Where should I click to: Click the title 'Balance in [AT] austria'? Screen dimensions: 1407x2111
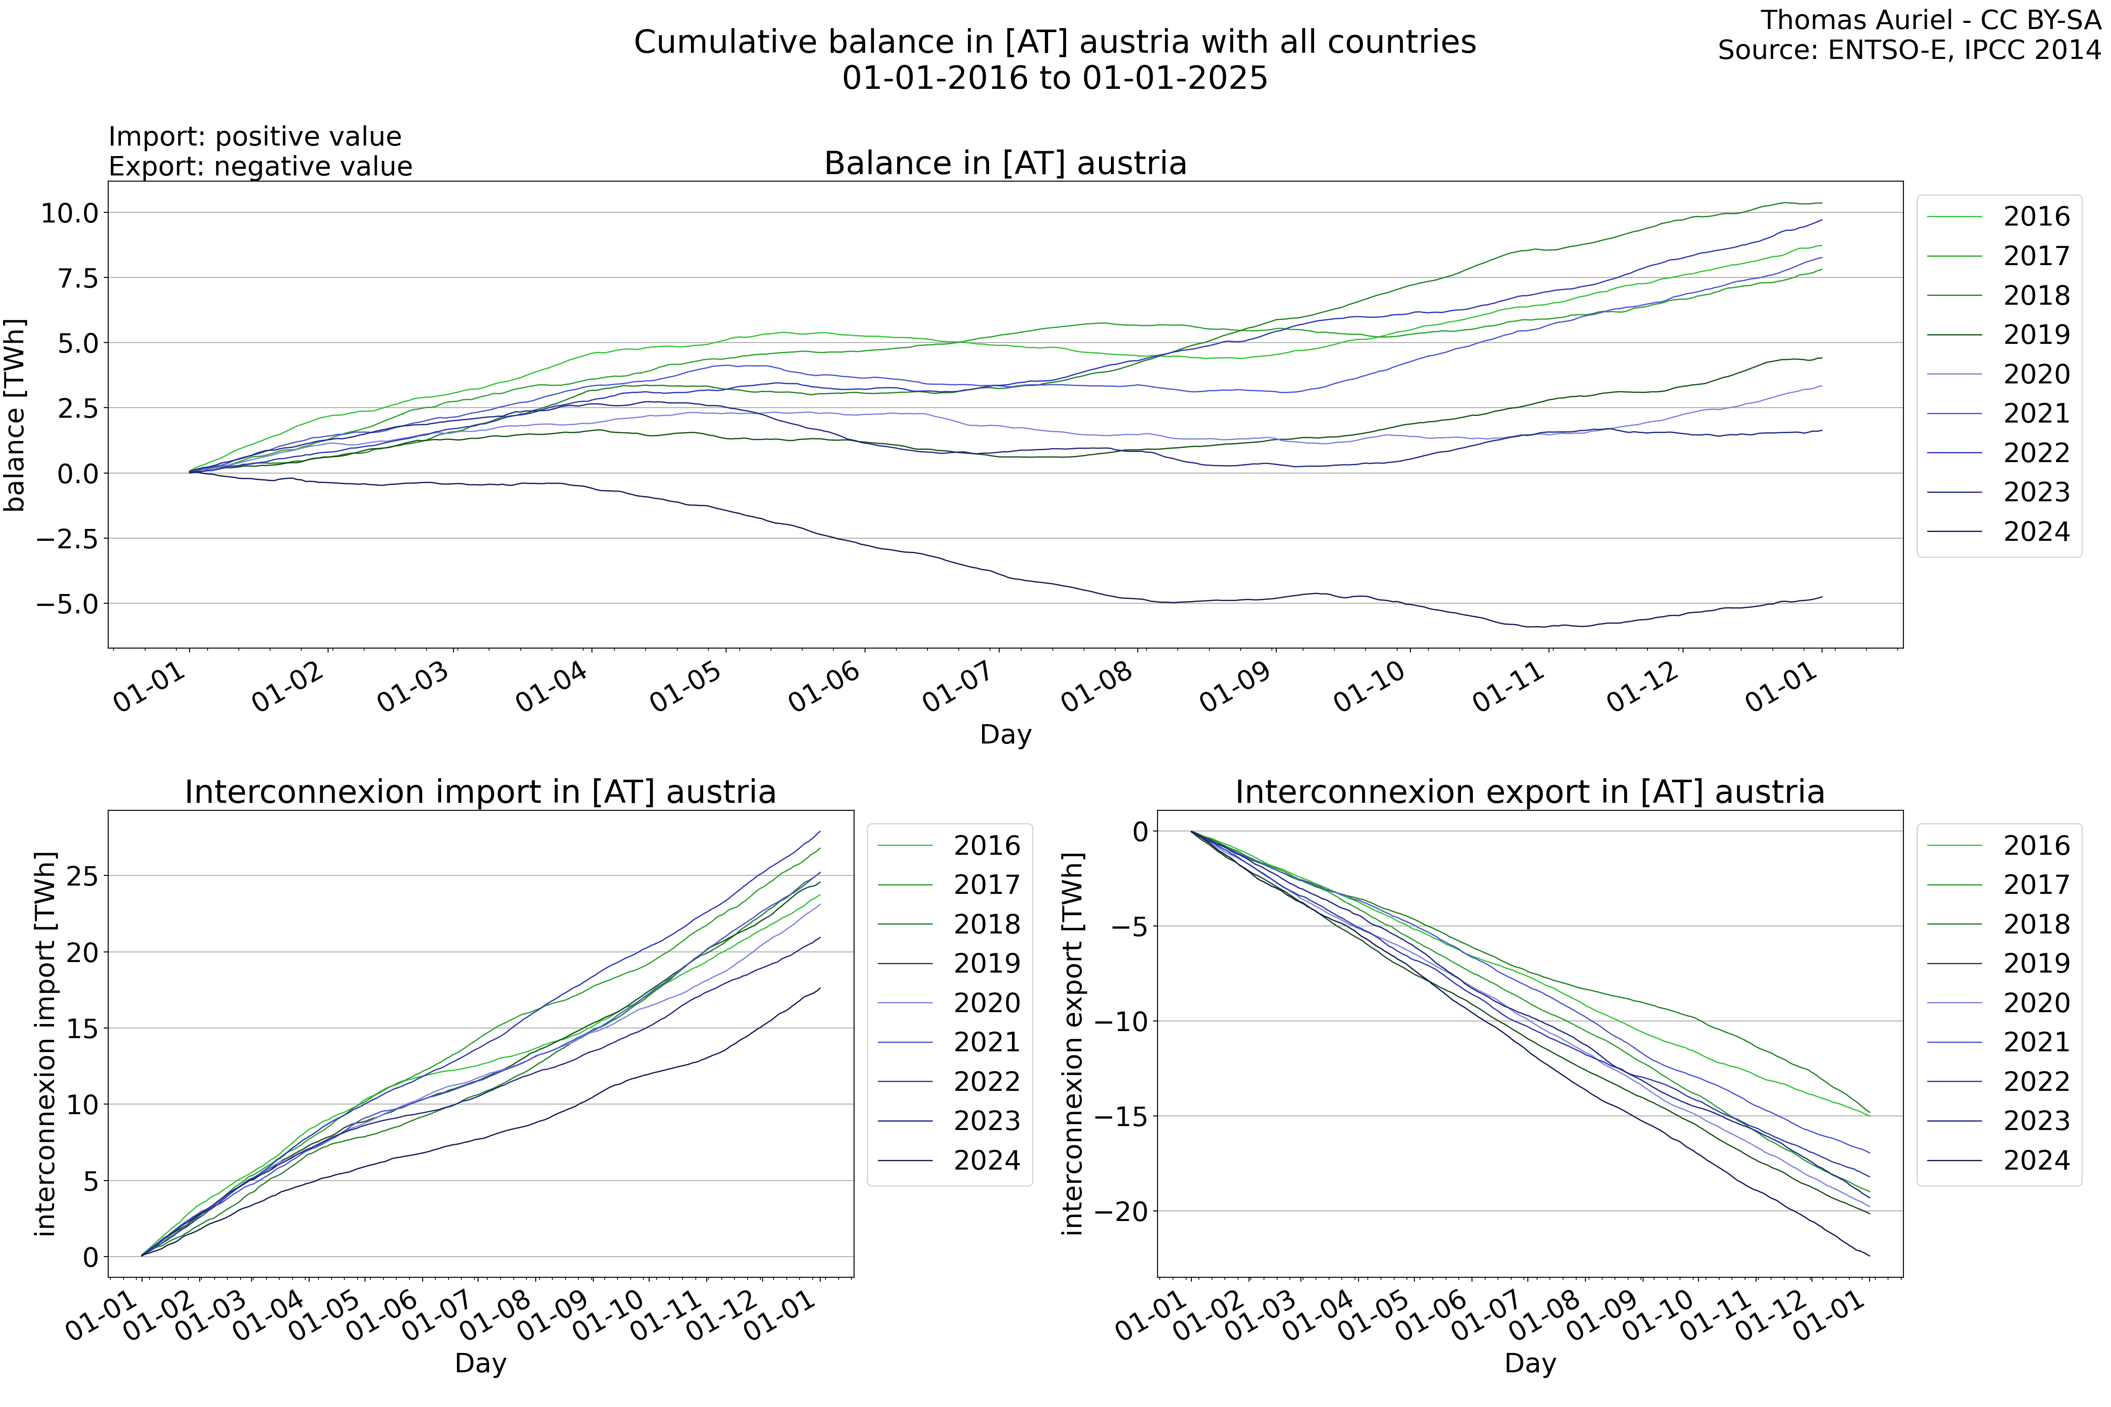pos(1005,163)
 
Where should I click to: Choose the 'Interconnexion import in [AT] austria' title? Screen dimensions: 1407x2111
pos(480,792)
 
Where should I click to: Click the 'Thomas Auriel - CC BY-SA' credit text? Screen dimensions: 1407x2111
pos(1930,20)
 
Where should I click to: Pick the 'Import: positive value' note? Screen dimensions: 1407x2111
pos(255,136)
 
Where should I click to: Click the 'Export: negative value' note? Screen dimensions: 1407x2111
pos(260,167)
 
